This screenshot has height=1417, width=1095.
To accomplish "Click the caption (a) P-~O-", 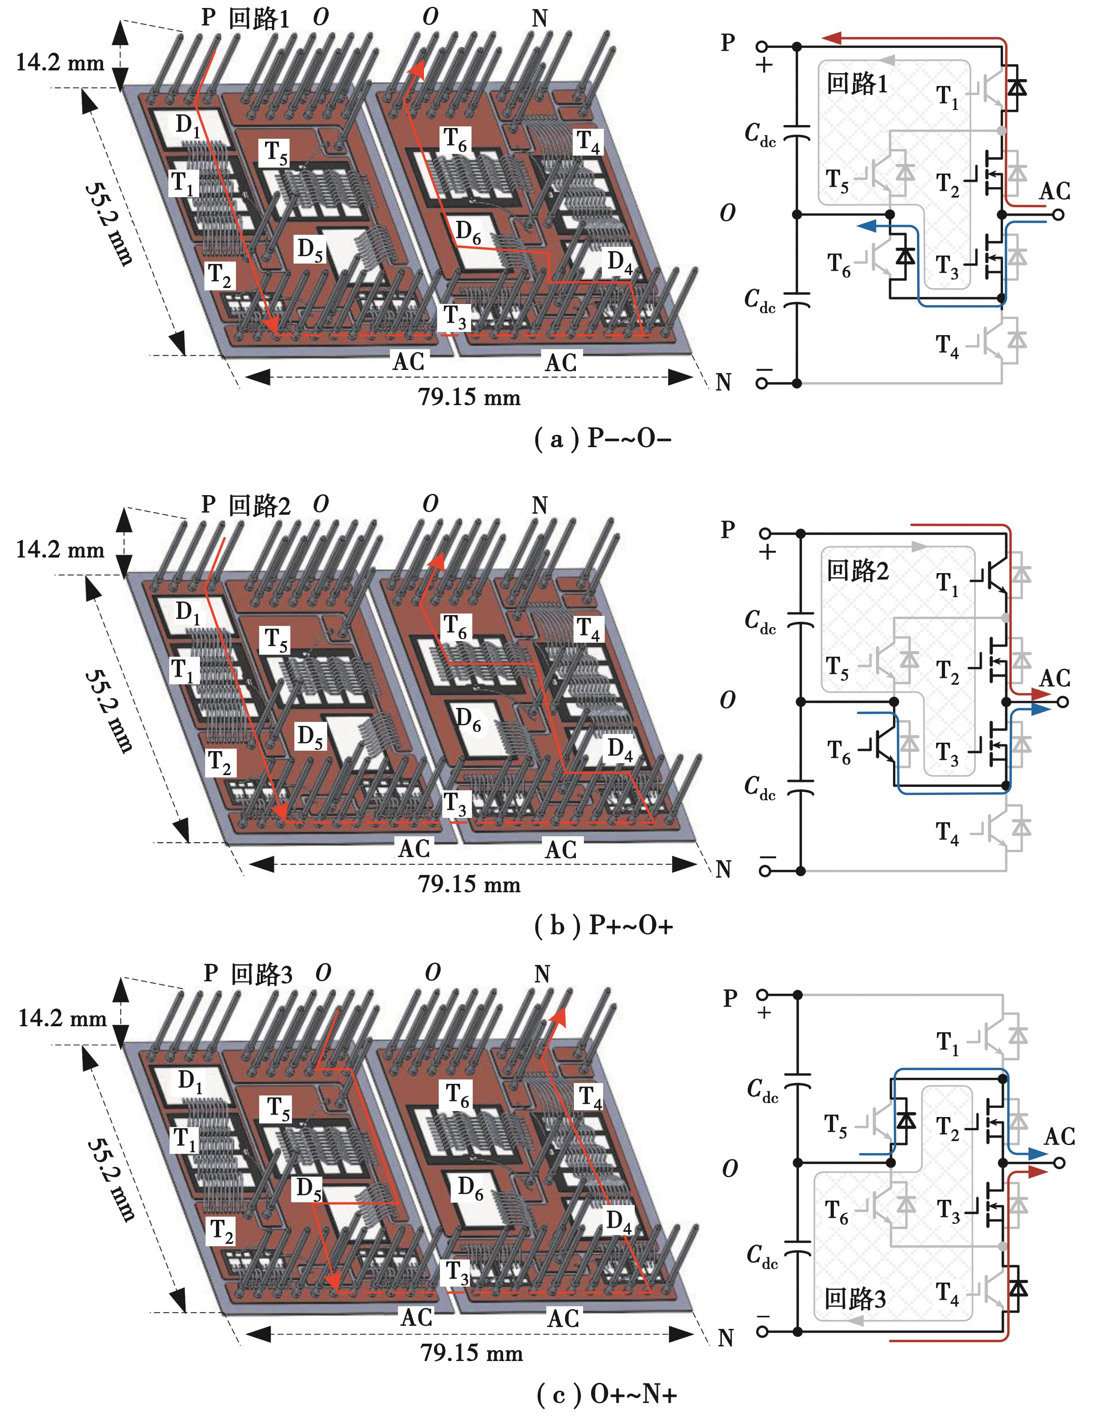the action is (x=602, y=439).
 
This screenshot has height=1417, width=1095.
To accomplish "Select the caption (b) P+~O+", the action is (x=603, y=925).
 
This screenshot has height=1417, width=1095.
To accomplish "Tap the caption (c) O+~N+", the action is (x=607, y=1394).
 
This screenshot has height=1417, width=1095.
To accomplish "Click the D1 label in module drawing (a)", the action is (x=188, y=124).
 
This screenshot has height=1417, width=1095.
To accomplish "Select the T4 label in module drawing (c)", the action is (x=590, y=1097).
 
